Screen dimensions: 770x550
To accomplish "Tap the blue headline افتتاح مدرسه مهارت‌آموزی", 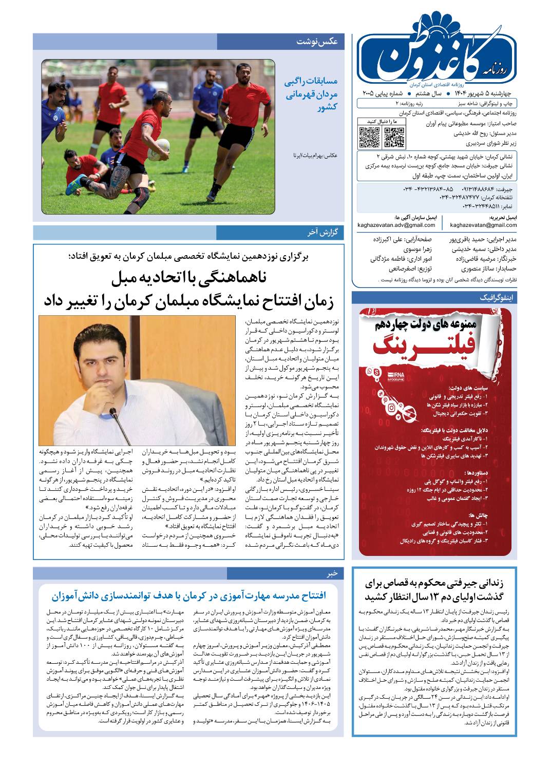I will click(189, 595).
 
